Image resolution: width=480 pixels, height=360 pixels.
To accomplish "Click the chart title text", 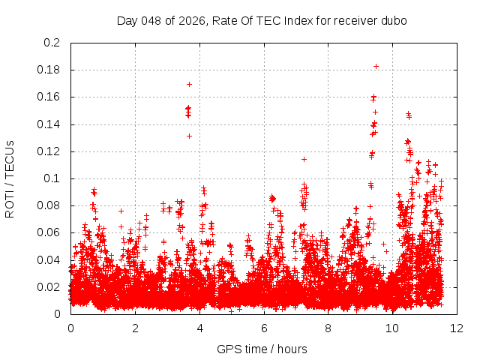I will point(262,20).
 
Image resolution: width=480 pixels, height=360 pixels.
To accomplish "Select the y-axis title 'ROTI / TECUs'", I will point(10,178).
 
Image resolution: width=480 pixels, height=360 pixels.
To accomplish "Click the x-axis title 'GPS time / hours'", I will point(262,349).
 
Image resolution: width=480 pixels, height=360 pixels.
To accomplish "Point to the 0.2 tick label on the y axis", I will point(52,43).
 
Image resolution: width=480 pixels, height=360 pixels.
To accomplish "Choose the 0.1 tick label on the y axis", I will point(52,178).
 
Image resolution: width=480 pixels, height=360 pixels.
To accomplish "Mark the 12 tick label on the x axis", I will point(457,328).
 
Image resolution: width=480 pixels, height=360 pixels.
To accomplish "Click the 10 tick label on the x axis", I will point(393,328).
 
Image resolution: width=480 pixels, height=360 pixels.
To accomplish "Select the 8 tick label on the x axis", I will point(328,328).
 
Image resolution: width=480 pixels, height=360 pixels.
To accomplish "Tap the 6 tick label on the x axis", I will point(264,328).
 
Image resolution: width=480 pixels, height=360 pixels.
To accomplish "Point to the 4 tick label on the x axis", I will point(199,328).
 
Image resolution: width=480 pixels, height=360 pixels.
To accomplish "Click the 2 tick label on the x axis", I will point(135,328).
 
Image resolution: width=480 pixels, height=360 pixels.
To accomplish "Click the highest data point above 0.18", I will point(376,66).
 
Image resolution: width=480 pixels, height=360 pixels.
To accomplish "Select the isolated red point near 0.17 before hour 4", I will point(189,84).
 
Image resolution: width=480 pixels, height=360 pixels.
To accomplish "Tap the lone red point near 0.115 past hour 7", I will point(304,159).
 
